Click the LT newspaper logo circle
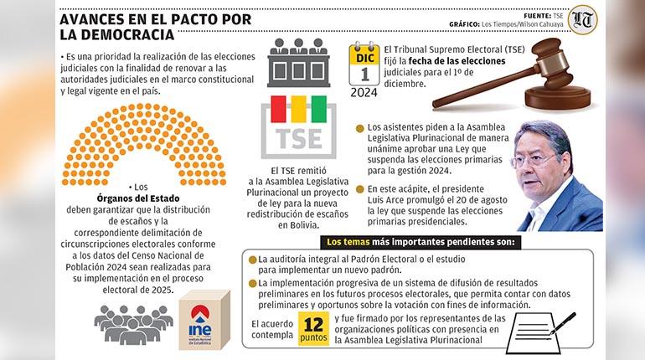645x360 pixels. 582,19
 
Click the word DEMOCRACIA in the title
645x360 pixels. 122,35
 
